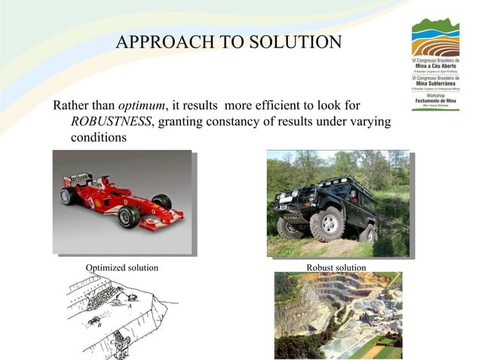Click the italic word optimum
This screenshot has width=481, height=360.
tap(144, 105)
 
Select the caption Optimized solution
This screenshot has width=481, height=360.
tap(122, 268)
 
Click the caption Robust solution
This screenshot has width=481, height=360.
tap(336, 268)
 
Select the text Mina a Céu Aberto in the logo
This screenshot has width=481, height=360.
tap(434, 66)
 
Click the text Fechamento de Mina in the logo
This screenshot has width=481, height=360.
tap(434, 102)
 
